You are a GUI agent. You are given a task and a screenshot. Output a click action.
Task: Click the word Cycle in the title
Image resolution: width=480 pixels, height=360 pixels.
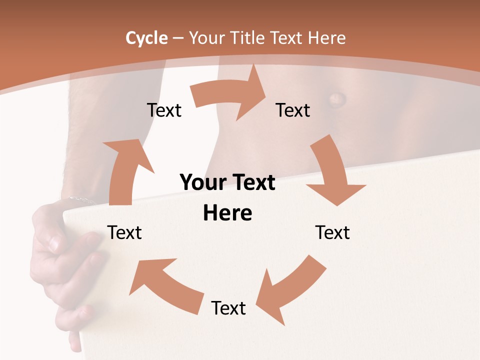(x=146, y=38)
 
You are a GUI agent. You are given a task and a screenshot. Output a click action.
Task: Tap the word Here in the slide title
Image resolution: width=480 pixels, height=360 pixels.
(x=327, y=38)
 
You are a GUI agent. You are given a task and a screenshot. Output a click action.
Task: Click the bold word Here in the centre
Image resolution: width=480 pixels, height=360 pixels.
(x=227, y=213)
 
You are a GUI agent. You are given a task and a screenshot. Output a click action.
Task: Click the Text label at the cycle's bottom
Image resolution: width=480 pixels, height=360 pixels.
(x=228, y=308)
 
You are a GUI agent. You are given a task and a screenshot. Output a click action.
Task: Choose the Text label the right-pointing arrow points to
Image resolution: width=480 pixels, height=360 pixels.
(x=293, y=110)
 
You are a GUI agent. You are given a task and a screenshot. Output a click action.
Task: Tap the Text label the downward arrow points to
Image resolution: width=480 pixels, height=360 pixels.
(x=332, y=232)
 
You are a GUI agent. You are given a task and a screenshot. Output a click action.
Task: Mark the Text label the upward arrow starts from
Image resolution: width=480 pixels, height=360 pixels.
(x=124, y=232)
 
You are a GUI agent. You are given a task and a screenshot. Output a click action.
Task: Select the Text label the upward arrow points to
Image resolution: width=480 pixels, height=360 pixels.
(x=164, y=110)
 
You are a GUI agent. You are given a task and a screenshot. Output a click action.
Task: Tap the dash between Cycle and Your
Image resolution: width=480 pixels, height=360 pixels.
(x=178, y=38)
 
